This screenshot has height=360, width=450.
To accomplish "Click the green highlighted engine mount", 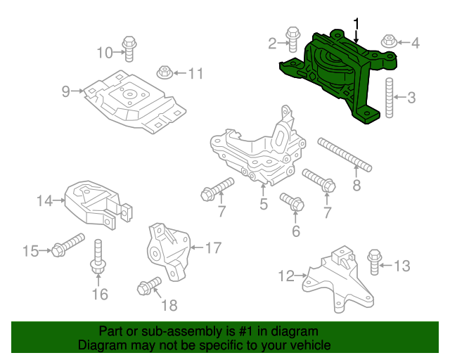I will coord(337,77).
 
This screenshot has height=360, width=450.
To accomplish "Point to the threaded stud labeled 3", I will coord(387,42).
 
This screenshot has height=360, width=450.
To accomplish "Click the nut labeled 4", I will coord(257,151).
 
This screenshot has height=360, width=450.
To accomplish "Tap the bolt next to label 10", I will coord(162,72).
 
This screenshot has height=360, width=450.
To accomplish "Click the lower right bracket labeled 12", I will coord(375,262).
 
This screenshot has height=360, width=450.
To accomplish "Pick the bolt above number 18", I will coord(65,91).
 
